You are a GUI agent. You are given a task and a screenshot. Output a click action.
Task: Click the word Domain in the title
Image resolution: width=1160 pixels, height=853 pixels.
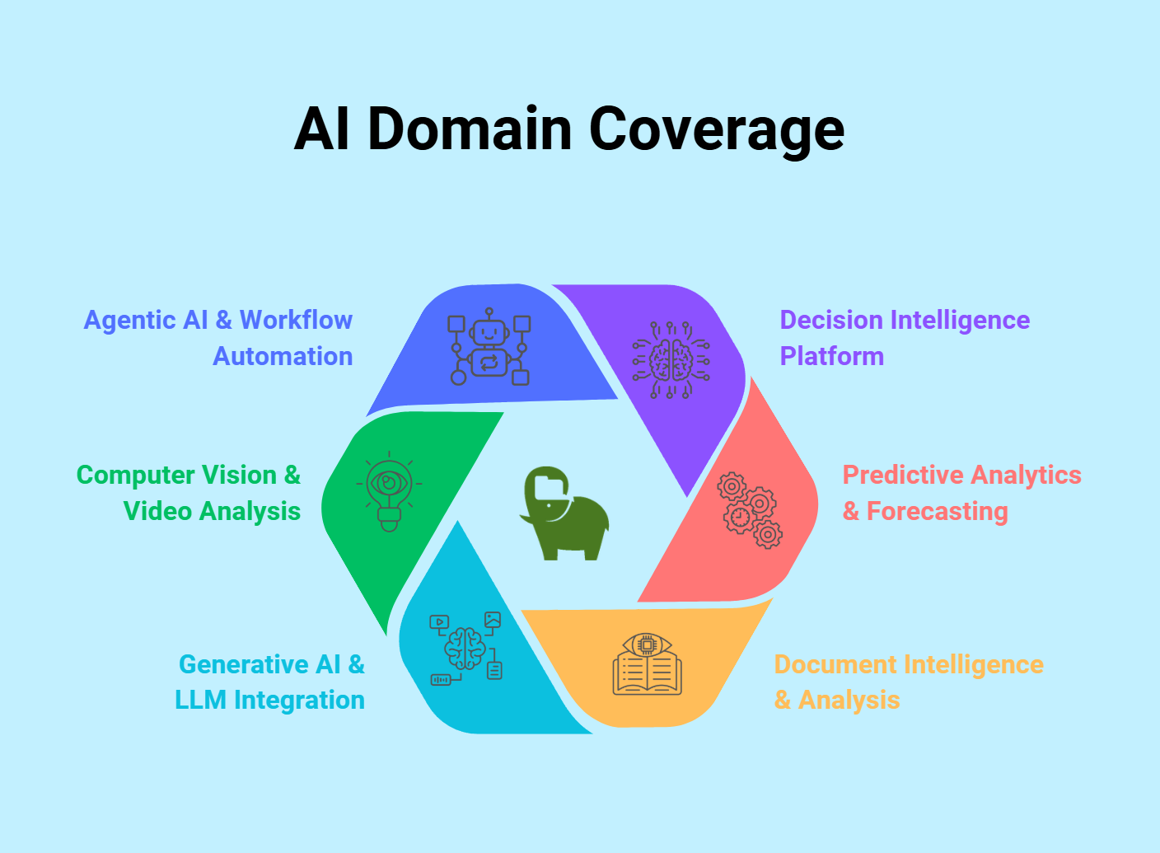coord(470,129)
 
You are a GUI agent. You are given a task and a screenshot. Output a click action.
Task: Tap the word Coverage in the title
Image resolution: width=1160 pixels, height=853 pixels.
coord(716,129)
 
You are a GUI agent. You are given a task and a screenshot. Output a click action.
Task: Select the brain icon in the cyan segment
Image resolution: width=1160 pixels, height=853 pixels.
coord(465,649)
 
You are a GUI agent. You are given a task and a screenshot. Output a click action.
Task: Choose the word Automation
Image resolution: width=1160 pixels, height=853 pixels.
coord(283,356)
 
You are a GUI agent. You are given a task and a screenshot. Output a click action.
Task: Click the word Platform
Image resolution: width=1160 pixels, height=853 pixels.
coord(831,356)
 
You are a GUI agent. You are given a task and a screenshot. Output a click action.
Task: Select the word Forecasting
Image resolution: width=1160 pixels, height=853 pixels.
coord(937,511)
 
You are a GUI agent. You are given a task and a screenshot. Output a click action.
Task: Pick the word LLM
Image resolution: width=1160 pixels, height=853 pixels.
coord(201,700)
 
